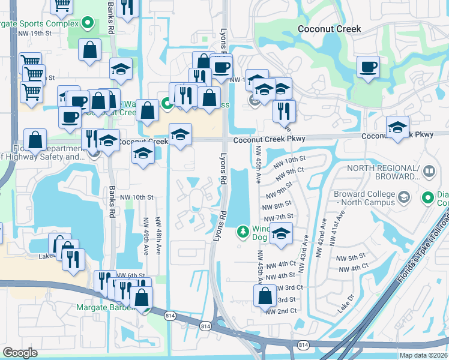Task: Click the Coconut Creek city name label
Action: tap(330, 29)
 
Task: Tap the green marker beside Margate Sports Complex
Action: tap(88, 23)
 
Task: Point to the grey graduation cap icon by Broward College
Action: tap(404, 196)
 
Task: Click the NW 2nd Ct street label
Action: tap(282, 311)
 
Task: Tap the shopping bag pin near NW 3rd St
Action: tap(265, 295)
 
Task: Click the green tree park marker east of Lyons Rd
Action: tap(243, 231)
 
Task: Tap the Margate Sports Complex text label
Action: tap(40, 23)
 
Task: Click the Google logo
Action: tap(20, 353)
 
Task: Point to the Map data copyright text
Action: tap(423, 354)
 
